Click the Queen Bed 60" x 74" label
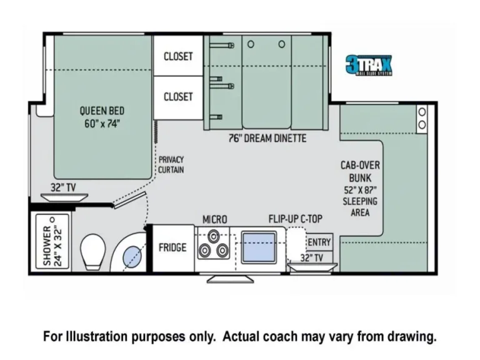coord(100,117)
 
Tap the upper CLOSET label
coord(178,56)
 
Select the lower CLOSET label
coord(178,97)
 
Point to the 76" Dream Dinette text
coord(267,138)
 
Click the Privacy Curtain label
coord(171,165)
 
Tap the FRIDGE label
coord(172,247)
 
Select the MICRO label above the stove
coord(214,219)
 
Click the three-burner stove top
coord(212,245)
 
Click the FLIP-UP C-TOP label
coord(296,219)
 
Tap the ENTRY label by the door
coord(319,242)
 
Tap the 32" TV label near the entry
coord(311,257)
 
